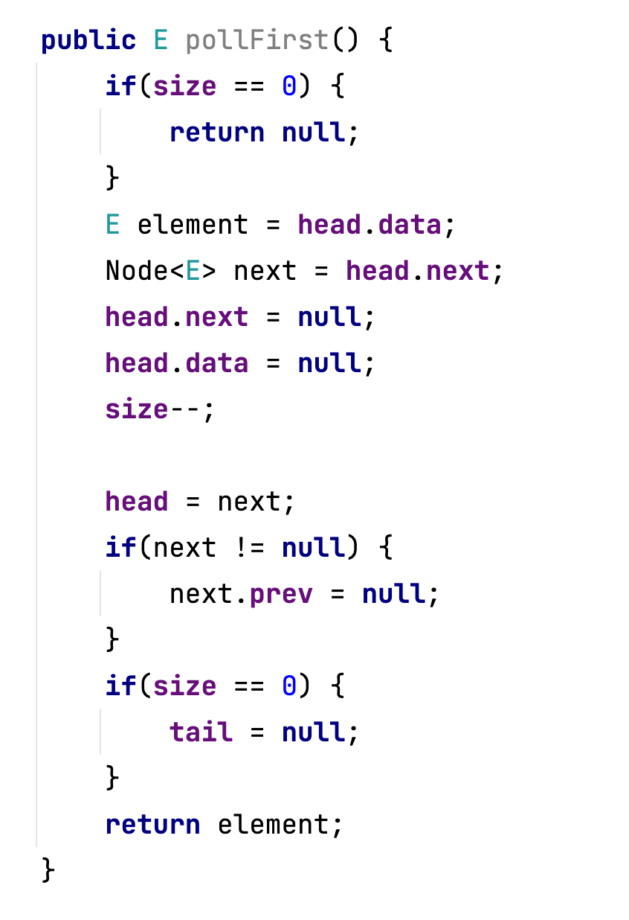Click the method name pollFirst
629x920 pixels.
257,39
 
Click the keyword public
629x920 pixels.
88,39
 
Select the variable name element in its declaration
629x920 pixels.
193,224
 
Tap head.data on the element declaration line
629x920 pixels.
370,224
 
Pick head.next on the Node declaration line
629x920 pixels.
418,270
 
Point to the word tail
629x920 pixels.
201,732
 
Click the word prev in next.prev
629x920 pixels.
281,593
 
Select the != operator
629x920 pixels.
249,547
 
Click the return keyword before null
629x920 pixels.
216,132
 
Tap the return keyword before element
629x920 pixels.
152,824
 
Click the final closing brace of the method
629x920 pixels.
48,869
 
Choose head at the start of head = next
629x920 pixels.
137,501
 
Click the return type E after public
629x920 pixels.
161,39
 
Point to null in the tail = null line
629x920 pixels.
313,732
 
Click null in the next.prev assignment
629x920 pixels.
393,593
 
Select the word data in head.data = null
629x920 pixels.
216,362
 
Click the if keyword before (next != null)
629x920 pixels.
120,547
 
